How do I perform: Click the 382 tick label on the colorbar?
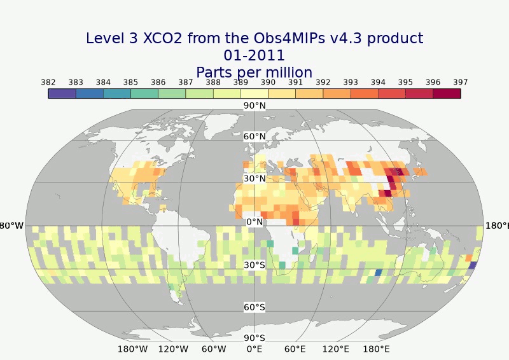(48, 82)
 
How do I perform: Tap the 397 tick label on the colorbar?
(461, 82)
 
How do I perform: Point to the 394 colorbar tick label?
(378, 82)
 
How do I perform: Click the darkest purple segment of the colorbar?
(62, 93)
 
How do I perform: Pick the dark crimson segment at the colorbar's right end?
(447, 93)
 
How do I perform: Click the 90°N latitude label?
(254, 106)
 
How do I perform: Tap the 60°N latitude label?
(254, 137)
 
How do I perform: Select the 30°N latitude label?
(254, 179)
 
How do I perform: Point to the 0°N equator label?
(254, 222)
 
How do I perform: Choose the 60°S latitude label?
(254, 307)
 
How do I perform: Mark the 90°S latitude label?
(254, 338)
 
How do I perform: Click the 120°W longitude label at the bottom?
(173, 349)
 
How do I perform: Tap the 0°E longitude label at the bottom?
(254, 349)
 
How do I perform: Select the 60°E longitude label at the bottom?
(295, 349)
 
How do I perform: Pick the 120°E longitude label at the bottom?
(336, 349)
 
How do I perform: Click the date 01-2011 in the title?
(254, 55)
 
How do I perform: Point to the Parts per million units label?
(254, 72)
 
